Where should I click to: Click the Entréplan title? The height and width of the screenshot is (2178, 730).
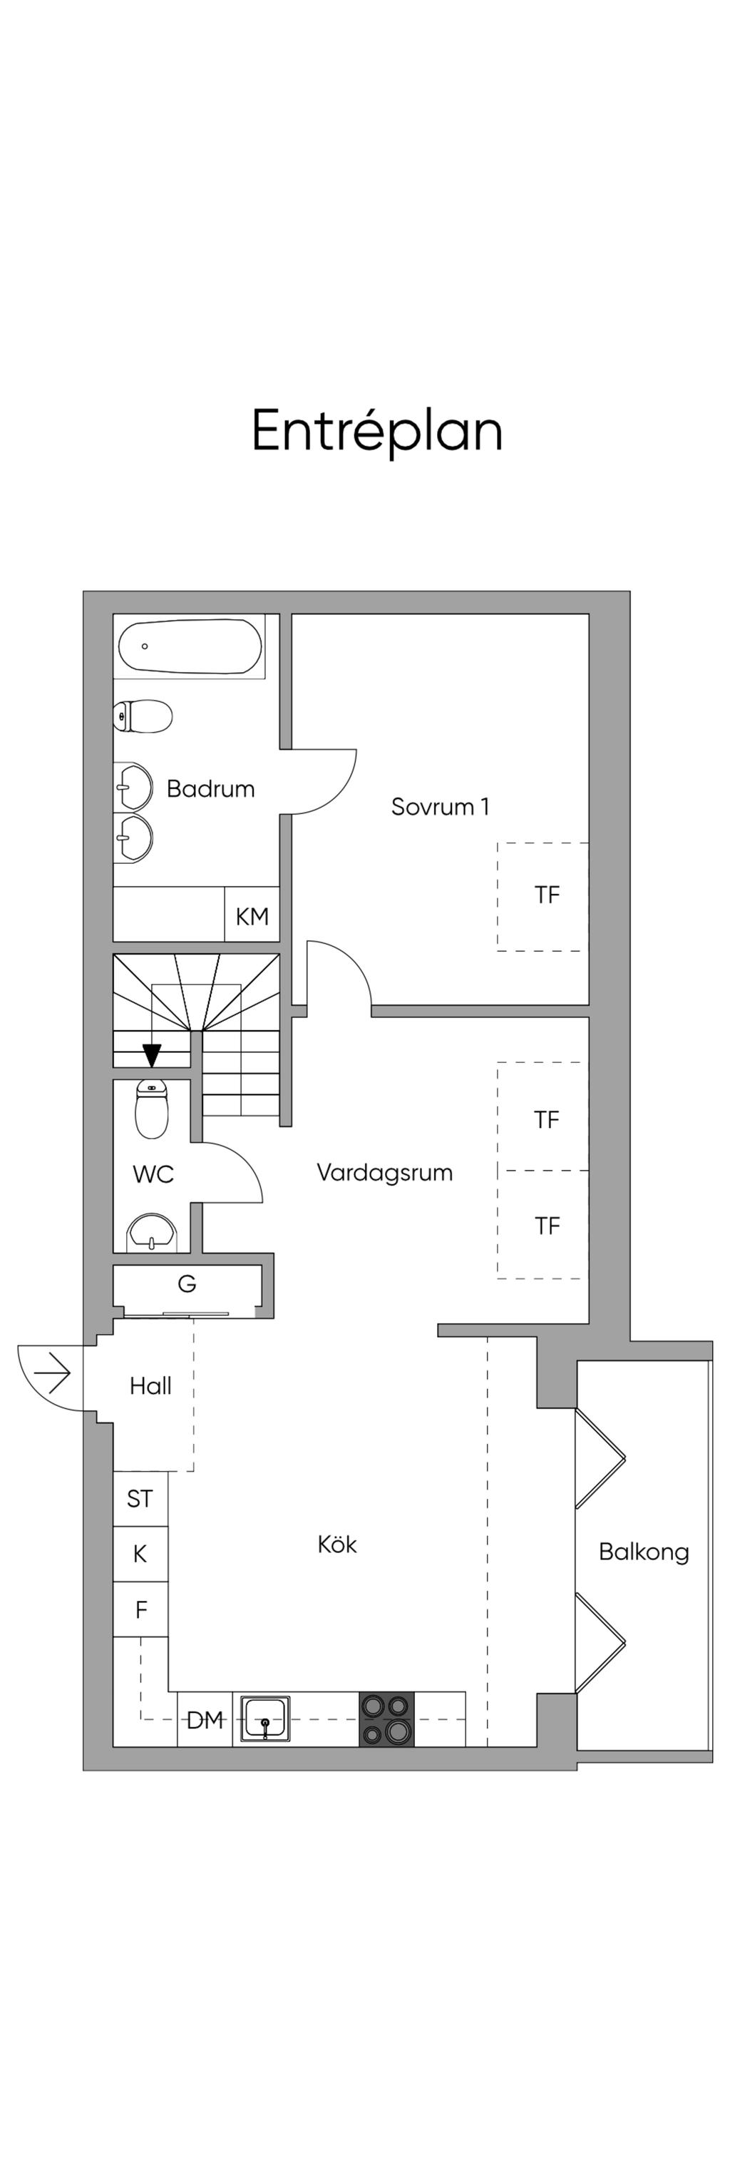377,432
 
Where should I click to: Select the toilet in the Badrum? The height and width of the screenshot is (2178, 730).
143,716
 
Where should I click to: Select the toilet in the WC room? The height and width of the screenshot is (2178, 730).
151,1109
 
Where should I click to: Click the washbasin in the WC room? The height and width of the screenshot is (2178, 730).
152,1233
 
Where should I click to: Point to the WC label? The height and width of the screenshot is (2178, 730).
153,1174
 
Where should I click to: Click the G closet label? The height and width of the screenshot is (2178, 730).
187,1283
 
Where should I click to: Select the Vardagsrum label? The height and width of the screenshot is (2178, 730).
384,1172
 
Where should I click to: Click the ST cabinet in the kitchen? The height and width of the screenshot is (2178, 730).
140,1498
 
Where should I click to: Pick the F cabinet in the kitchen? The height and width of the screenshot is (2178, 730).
140,1609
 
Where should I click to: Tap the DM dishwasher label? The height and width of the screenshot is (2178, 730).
205,1719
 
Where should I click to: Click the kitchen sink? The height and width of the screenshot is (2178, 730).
265,1719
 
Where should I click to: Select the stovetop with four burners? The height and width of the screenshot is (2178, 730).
387,1719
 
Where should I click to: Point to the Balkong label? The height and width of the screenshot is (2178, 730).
643,1552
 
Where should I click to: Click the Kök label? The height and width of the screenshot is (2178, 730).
337,1544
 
